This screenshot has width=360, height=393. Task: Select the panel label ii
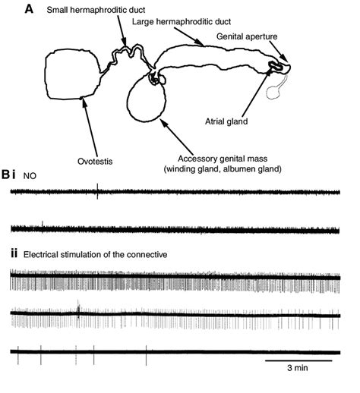11,256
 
